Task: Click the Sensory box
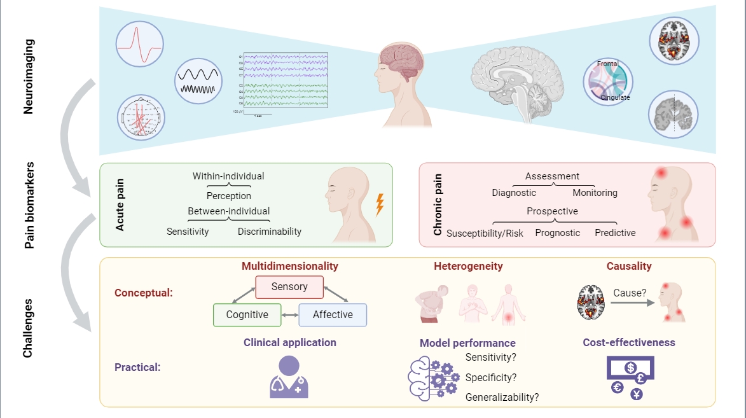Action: point(289,287)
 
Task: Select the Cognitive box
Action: point(247,314)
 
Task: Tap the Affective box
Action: point(333,314)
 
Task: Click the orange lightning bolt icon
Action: point(380,205)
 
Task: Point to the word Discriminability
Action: point(270,232)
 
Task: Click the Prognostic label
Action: point(558,233)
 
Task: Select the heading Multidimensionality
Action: point(289,266)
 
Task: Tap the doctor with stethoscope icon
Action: point(289,377)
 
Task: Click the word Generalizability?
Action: point(502,398)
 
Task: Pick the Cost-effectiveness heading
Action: point(629,342)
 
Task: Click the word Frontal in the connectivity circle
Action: point(607,64)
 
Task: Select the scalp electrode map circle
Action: point(141,118)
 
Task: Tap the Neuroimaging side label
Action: point(29,76)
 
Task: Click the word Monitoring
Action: point(595,193)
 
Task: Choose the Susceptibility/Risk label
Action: point(485,233)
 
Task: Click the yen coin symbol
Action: point(637,394)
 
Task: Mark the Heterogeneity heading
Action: point(468,266)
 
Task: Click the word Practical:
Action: point(137,367)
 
